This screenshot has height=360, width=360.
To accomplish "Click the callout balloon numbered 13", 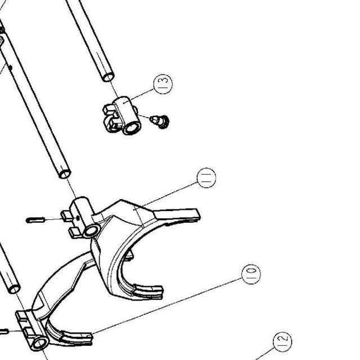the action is pos(163,84).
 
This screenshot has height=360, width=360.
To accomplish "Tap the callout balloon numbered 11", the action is pos(206,178).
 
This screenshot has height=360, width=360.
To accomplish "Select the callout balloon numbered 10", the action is pos(251,274).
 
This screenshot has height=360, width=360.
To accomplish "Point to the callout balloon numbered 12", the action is pos(282,341).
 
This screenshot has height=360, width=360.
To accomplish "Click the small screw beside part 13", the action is pos(160,121).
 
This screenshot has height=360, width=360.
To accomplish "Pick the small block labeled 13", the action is pos(121,116).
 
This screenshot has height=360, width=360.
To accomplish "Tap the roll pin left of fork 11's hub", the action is pos(35,220).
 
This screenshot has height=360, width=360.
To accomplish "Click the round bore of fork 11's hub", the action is pos(91,231).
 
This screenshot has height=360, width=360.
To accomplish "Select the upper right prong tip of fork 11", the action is pos(198,214).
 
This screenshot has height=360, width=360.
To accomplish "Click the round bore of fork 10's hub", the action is pos(40,344).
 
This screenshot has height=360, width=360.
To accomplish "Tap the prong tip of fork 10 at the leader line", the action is pos(89,339).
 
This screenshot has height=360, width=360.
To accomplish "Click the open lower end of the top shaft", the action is pos(108,78).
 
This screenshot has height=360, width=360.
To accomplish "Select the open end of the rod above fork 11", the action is pos(65,174).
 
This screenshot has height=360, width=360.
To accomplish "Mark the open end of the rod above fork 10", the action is pos(14,289).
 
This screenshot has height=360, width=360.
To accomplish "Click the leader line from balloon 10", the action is pos(166,307).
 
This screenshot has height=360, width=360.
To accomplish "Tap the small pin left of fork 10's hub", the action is pos(4,331).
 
